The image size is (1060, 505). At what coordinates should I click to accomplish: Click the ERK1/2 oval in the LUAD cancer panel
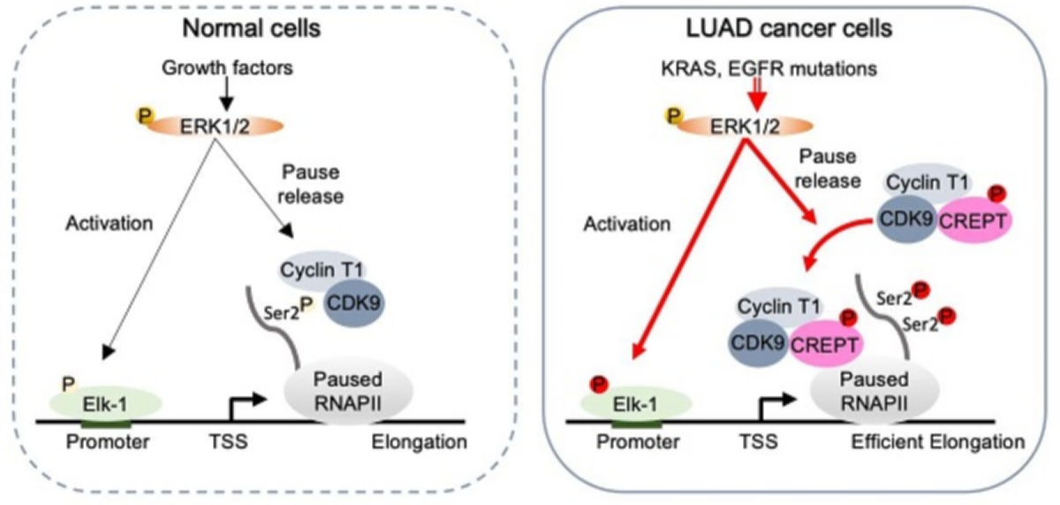coord(732,126)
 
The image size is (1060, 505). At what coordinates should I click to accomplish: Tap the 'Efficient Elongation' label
coord(938,440)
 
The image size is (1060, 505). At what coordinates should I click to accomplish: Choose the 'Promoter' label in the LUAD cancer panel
coord(624,440)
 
